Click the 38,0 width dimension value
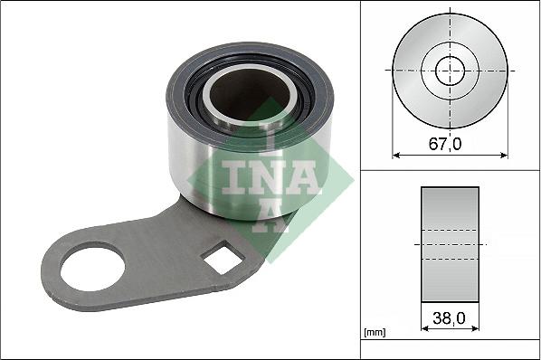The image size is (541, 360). tap(450, 317)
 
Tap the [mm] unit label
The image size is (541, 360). tap(374, 333)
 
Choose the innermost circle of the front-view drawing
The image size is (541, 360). tap(450, 70)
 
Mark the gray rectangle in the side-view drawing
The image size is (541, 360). tap(450, 244)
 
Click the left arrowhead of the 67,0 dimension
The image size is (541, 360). tap(395, 155)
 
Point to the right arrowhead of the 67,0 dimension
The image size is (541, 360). tap(504, 155)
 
